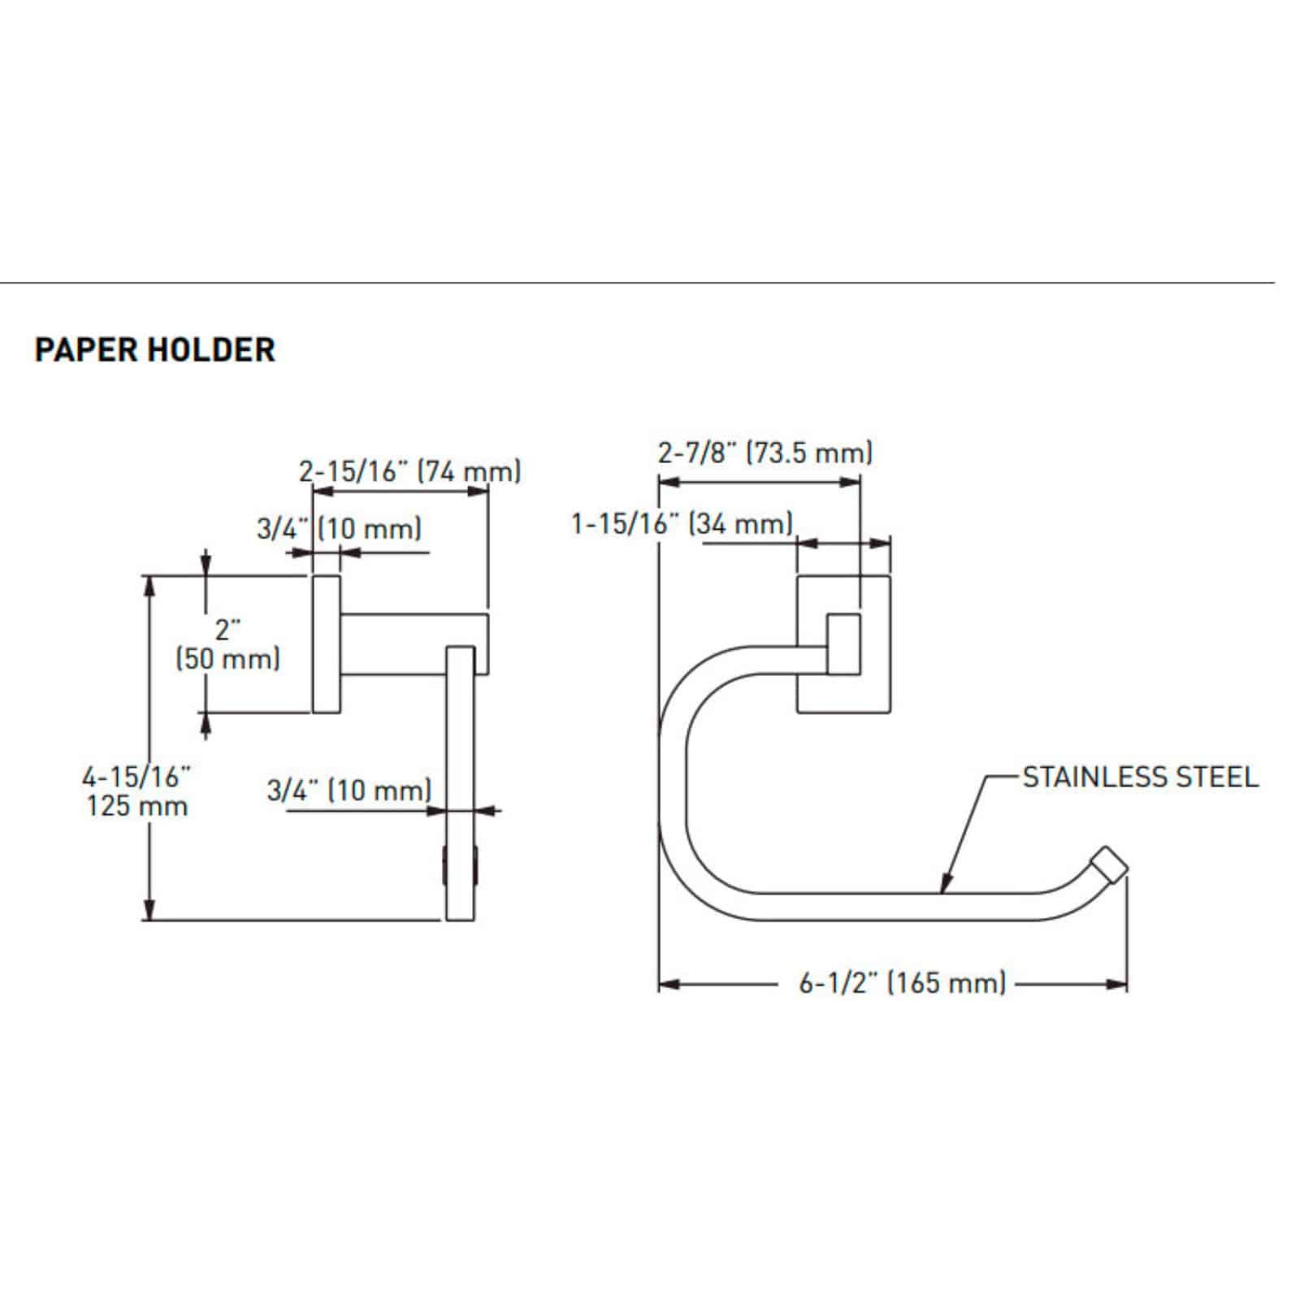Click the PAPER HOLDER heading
pyautogui.click(x=154, y=349)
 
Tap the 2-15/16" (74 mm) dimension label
pyautogui.click(x=409, y=471)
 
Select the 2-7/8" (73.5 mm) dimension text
pyautogui.click(x=765, y=452)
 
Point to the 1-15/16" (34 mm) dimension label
pyautogui.click(x=682, y=524)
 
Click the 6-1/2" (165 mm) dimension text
pyautogui.click(x=902, y=984)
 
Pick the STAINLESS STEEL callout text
pyautogui.click(x=1139, y=778)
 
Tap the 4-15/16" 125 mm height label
pyautogui.click(x=136, y=791)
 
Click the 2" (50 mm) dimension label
pyautogui.click(x=228, y=644)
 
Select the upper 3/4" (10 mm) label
pyautogui.click(x=340, y=529)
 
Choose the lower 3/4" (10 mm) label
pyautogui.click(x=349, y=790)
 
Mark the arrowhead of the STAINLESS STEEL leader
pyautogui.click(x=944, y=887)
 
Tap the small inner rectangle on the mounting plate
pyautogui.click(x=843, y=644)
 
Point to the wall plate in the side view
pyautogui.click(x=327, y=644)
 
